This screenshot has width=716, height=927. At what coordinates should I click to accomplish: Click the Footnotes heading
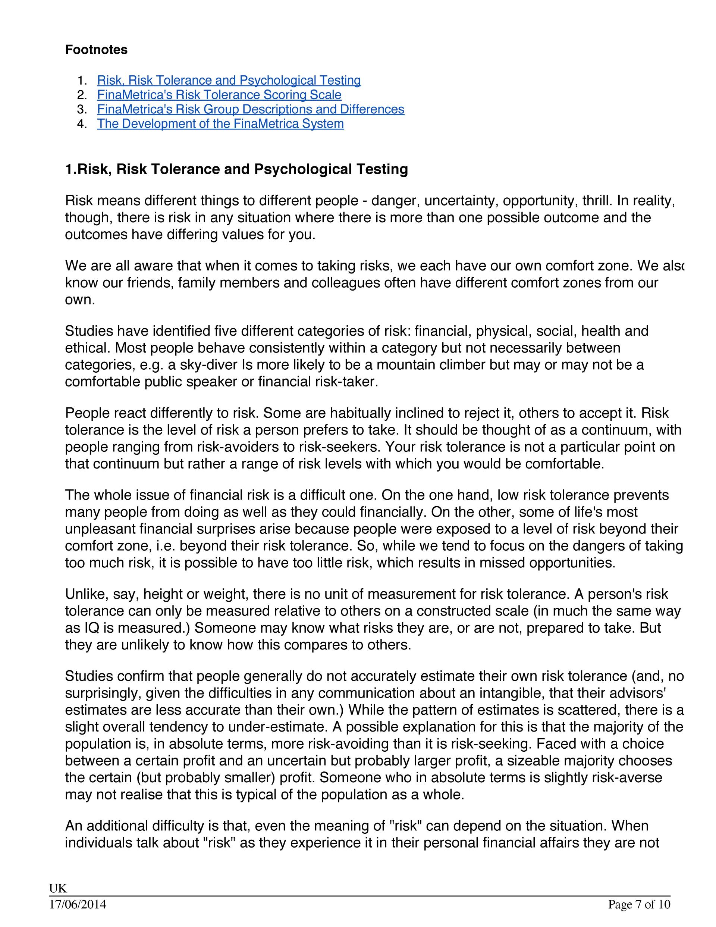(x=96, y=50)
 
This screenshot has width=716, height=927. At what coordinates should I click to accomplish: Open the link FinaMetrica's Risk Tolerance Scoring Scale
(x=219, y=95)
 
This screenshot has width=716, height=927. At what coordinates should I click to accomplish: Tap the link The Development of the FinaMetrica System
(x=220, y=123)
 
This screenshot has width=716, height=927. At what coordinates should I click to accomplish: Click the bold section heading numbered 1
(x=236, y=169)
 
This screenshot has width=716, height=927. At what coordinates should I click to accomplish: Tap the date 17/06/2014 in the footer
(x=78, y=905)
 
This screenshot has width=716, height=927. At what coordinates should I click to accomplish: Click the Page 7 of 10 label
(x=639, y=905)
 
